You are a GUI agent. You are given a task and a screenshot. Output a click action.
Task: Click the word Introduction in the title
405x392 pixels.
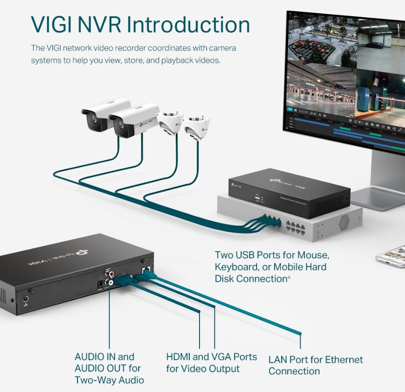click(188, 25)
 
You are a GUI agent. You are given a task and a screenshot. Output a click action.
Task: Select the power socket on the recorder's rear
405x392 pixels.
click(99, 284)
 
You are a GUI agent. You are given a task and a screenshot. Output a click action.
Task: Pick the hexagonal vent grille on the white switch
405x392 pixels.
click(344, 222)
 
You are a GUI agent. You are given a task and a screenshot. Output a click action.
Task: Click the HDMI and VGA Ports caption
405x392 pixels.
click(211, 363)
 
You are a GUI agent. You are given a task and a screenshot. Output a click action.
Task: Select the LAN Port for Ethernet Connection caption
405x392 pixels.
click(315, 365)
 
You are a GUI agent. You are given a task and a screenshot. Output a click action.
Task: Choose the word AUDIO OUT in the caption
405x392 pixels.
click(100, 368)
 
